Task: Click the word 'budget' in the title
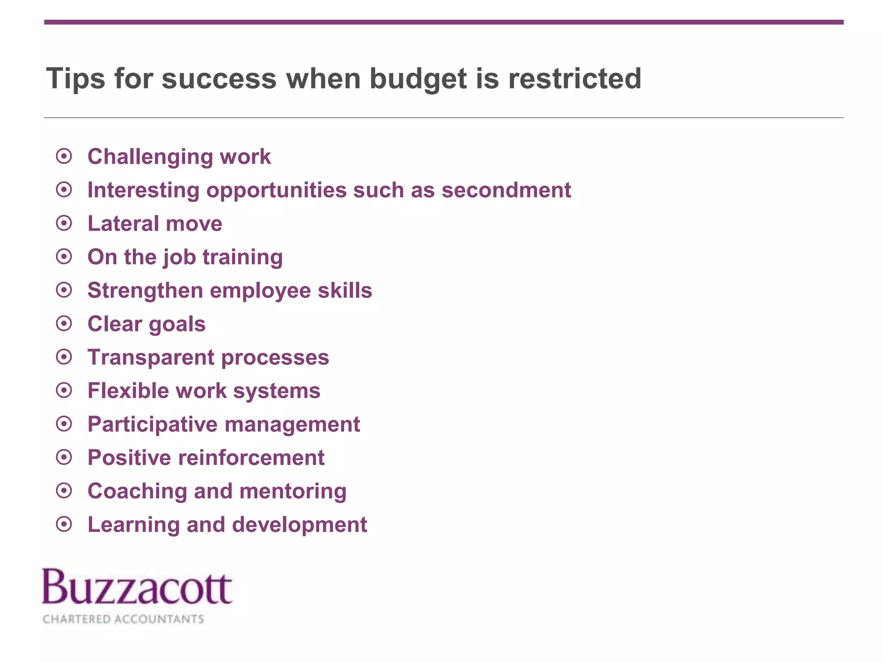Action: point(418,79)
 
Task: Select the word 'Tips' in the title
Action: point(75,79)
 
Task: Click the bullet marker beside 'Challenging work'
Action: point(64,156)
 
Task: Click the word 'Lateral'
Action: point(123,224)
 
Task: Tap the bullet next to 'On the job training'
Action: point(64,257)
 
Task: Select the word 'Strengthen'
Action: point(145,290)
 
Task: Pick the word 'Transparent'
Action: point(151,357)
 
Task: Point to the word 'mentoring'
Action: point(293,491)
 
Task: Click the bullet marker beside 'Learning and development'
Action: point(64,525)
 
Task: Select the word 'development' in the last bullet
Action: point(300,525)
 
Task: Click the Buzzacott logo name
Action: point(137,587)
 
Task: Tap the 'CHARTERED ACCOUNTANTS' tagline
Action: point(123,619)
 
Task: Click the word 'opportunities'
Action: point(276,190)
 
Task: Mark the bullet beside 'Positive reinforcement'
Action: point(64,457)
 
